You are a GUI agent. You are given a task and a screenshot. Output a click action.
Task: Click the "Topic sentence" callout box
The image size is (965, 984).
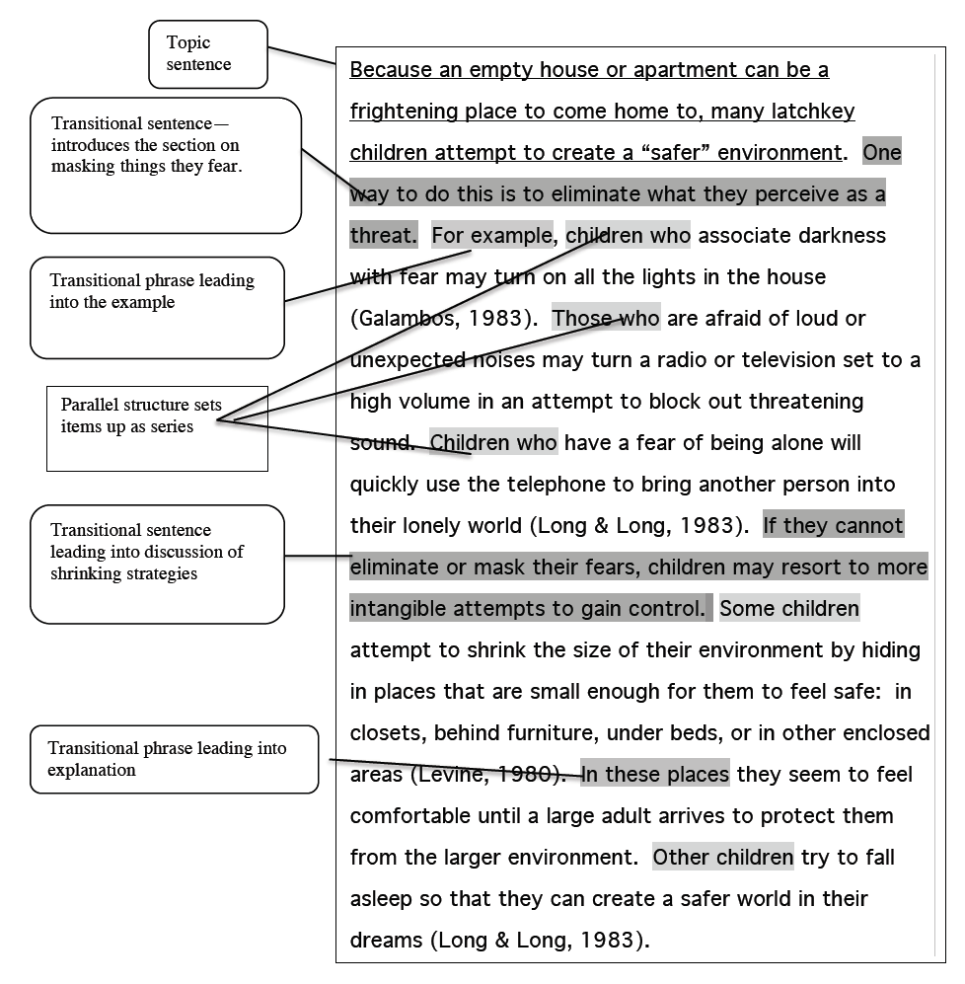coord(207,53)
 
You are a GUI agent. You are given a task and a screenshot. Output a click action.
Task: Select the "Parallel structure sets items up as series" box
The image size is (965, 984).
coord(157,427)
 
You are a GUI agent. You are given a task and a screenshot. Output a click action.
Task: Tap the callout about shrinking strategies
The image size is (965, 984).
coord(157,564)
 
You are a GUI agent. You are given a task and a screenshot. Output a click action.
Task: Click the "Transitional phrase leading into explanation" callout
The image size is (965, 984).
coord(174,759)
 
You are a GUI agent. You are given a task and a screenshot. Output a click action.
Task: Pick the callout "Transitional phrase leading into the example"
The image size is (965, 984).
coord(157,307)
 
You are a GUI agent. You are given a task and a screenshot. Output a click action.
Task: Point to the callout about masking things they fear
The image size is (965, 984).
coord(165,164)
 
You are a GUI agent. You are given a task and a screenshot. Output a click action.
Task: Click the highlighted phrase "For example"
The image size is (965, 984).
coord(492,236)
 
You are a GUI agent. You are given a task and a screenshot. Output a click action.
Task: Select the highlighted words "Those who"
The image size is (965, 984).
coord(606,318)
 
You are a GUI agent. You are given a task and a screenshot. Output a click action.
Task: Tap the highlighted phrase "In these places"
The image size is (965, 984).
coord(655,775)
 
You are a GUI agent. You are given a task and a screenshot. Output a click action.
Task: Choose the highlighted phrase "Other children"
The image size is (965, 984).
coord(722,858)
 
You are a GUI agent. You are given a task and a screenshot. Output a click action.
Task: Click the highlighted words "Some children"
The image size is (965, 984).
coord(789,609)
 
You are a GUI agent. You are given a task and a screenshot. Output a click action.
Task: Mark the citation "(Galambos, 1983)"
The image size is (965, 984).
coord(443,319)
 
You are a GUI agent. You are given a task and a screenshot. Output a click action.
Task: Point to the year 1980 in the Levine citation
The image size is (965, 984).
coord(517,775)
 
